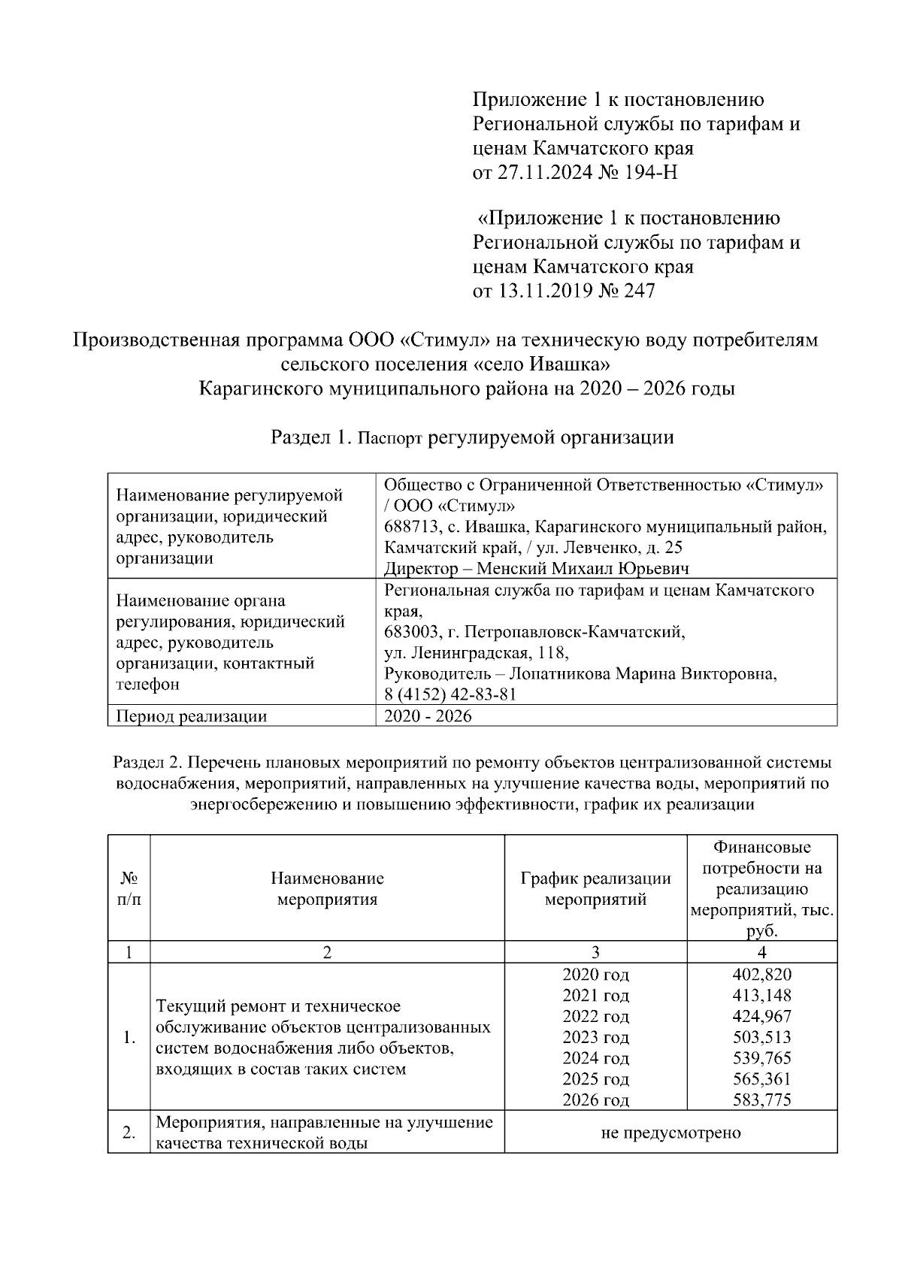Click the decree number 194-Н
pos(651,173)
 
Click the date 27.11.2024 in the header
pos(541,173)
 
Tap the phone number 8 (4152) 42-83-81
pos(450,694)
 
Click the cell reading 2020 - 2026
pos(428,716)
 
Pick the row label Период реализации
pos(191,716)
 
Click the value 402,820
pos(761,975)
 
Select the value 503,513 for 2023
pos(761,1038)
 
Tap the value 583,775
pos(761,1100)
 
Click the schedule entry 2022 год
pos(595,1017)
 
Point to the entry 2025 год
pos(595,1079)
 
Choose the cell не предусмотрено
pos(670,1132)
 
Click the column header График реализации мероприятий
pos(595,888)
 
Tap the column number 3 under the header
pos(595,952)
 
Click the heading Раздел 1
pos(310,437)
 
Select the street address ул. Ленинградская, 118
pos(476,652)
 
